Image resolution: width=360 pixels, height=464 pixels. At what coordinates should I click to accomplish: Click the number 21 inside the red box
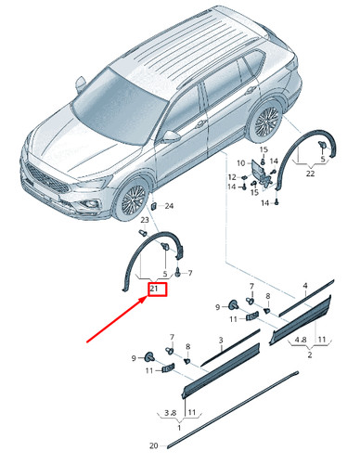point(154,290)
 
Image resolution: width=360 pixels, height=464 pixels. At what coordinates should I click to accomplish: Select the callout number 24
point(169,206)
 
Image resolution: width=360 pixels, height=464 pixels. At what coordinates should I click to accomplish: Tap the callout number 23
point(145,220)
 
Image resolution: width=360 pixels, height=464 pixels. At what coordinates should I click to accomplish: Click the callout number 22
point(310,174)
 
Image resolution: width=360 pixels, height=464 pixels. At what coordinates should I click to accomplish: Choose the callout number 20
point(154,445)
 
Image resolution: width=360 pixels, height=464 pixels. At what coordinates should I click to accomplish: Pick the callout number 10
point(241,163)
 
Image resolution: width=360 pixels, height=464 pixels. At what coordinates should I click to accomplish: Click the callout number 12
point(232,177)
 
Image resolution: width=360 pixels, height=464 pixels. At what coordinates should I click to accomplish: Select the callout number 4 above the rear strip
point(305,286)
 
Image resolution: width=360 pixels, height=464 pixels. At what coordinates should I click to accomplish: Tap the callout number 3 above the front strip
point(221,341)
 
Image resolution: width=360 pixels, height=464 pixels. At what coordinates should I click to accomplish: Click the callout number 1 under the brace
point(179,428)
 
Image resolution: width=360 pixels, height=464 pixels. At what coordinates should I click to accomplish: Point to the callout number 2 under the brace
point(310,354)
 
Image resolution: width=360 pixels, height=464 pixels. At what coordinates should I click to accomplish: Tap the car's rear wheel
point(266,121)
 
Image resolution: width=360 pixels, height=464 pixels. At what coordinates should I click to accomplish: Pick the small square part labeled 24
point(153,205)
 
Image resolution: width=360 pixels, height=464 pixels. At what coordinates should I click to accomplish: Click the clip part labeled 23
point(143,232)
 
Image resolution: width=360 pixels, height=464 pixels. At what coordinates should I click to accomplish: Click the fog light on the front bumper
point(92,204)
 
